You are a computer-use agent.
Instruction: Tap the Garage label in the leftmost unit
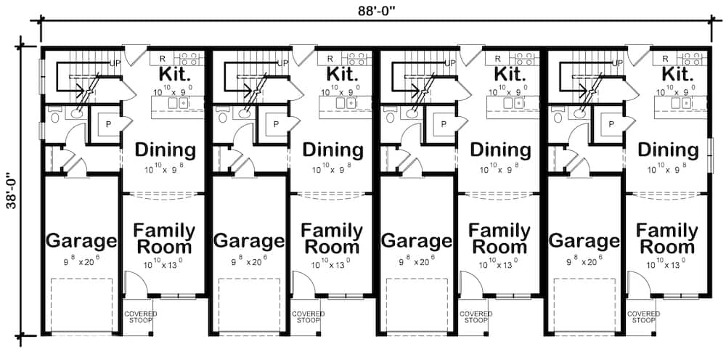point(81,240)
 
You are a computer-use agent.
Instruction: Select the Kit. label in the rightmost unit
point(680,74)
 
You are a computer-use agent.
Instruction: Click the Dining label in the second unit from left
point(333,150)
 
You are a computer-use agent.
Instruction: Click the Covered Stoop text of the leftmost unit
point(140,317)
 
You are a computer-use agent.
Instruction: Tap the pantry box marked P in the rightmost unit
point(611,124)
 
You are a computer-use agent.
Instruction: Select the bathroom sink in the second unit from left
point(243,112)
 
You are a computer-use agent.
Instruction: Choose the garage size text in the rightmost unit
point(584,258)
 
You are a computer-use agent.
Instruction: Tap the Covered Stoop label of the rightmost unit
point(643,317)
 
